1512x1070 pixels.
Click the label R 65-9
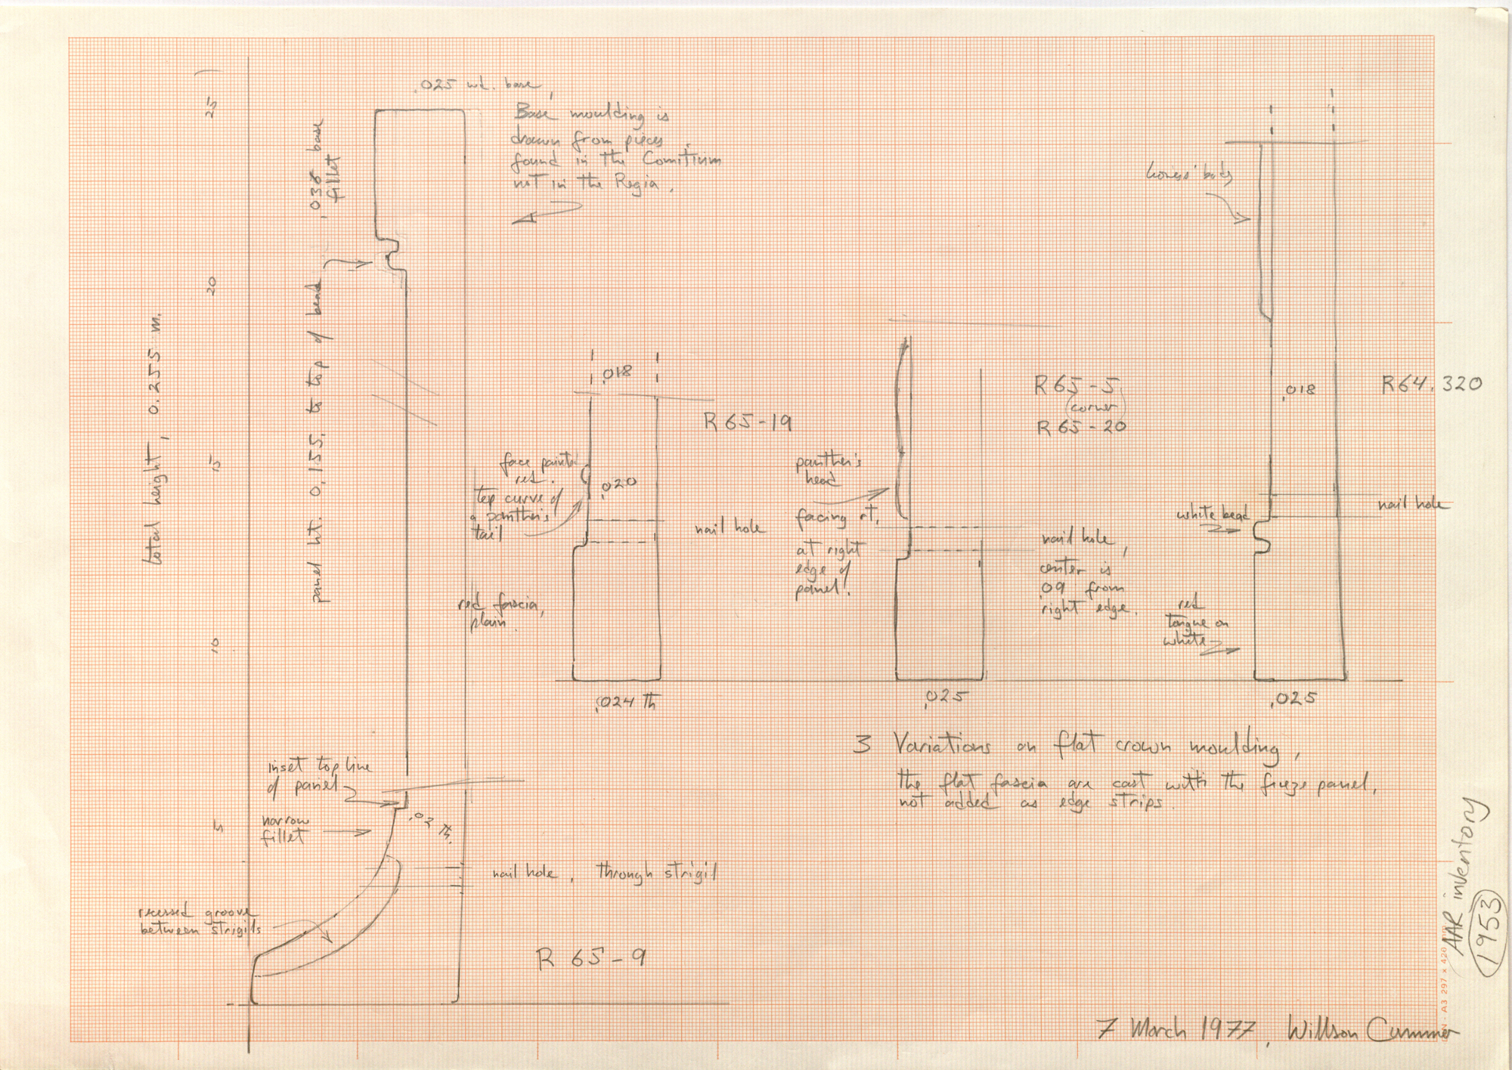coord(590,960)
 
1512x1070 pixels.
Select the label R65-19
coord(747,422)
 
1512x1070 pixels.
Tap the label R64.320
coord(1432,384)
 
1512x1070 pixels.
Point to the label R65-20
coord(1081,427)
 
